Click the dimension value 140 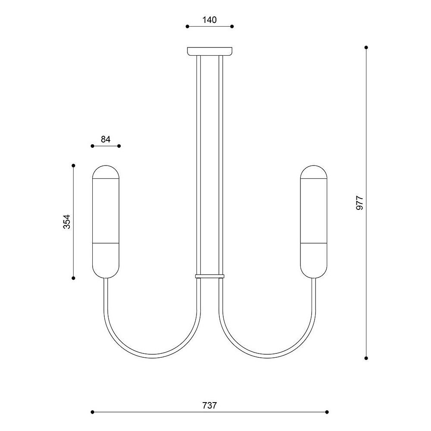coord(209,20)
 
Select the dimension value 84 coord(106,139)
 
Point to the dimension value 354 coord(67,222)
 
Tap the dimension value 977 coord(359,203)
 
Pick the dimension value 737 coord(209,406)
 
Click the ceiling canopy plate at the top coord(210,51)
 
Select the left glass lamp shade coord(106,222)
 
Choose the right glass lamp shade coord(314,222)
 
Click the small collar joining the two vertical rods coord(210,276)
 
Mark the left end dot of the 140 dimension coord(187,26)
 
